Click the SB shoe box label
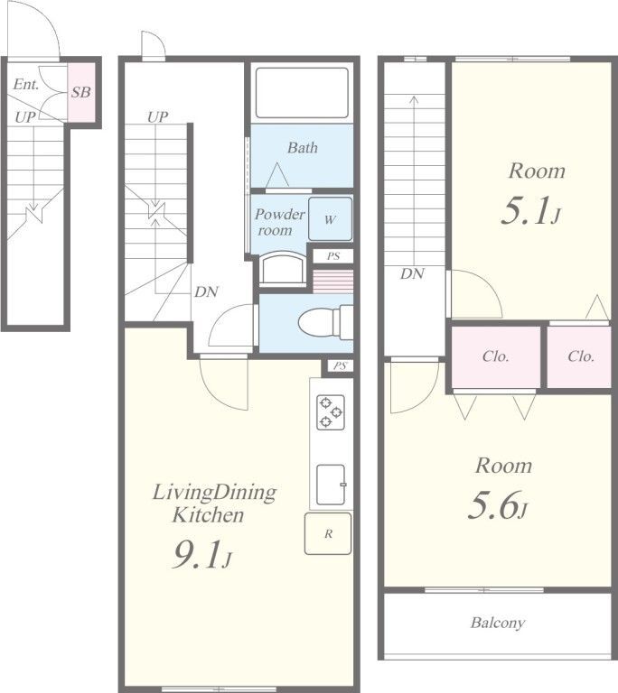pos(81,92)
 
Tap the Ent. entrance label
pos(26,84)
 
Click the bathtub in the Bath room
pos(302,92)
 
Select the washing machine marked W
pos(331,219)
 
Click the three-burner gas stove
pos(331,412)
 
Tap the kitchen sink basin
pos(331,485)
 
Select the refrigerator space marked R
pos(328,533)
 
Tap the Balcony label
pos(498,623)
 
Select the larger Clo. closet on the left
pos(496,356)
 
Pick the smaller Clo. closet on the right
pos(579,356)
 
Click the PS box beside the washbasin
pos(333,256)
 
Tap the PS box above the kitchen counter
pos(340,366)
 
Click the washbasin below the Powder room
pos(283,268)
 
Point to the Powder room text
pos(280,222)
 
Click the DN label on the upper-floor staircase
pos(412,274)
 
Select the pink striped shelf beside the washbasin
pos(333,282)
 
